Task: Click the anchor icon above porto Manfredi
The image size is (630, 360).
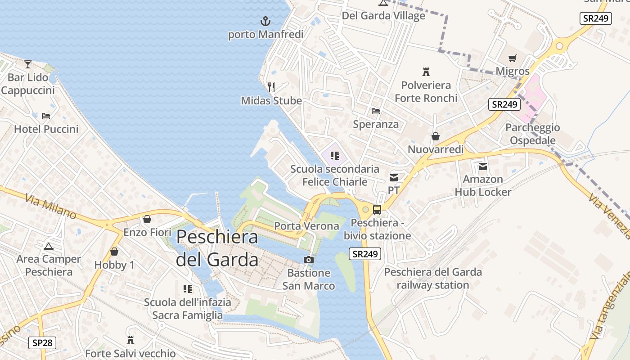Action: (x=265, y=21)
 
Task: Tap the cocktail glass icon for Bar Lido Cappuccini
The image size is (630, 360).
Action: (x=28, y=64)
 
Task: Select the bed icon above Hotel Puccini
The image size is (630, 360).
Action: (x=46, y=116)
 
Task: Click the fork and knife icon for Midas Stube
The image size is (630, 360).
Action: (x=271, y=87)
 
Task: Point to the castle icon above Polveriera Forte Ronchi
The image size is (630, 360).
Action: (x=426, y=72)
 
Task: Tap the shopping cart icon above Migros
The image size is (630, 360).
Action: (x=512, y=58)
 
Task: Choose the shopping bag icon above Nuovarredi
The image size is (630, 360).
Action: (x=435, y=136)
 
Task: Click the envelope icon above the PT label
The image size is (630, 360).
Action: (x=394, y=177)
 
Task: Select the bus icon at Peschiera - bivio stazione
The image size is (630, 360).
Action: (x=377, y=210)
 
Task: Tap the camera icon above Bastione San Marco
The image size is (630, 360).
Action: (x=309, y=260)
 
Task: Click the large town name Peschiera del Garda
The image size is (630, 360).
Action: (x=217, y=248)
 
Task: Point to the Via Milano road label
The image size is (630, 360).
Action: (x=50, y=206)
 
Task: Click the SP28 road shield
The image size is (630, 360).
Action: (x=43, y=343)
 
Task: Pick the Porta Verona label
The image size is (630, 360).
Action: (x=306, y=226)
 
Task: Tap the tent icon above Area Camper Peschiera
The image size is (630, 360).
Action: (x=49, y=246)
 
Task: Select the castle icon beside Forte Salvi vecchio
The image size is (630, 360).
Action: (x=130, y=340)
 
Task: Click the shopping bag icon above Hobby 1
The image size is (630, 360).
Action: (x=114, y=252)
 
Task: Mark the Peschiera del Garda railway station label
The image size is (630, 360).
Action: (x=433, y=279)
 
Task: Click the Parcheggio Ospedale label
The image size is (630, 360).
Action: (x=532, y=134)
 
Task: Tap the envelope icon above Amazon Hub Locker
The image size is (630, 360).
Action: (x=483, y=166)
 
